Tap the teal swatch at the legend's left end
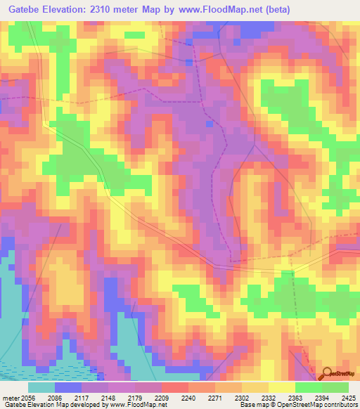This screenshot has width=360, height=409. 41,387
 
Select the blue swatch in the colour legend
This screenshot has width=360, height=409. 68,387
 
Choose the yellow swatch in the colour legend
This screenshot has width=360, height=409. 282,387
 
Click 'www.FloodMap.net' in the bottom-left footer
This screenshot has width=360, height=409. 139,405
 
